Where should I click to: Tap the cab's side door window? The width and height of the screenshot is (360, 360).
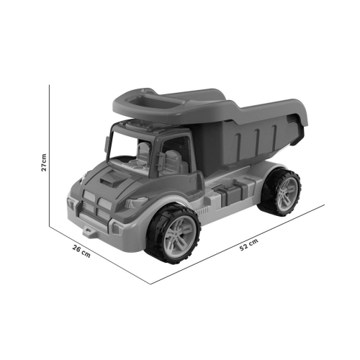click(175, 153)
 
